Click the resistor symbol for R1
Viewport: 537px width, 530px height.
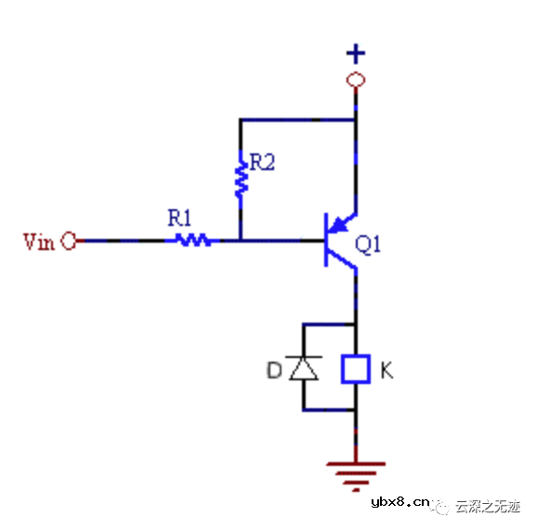click(192, 241)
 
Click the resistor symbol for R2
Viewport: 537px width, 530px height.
click(241, 178)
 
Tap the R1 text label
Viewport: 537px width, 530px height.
click(179, 219)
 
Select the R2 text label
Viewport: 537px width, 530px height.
click(263, 164)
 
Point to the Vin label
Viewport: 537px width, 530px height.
click(39, 242)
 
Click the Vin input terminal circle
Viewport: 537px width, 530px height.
click(69, 242)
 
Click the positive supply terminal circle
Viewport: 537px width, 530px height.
click(354, 80)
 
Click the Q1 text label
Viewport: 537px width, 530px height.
click(369, 245)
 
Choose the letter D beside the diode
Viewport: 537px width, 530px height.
click(273, 370)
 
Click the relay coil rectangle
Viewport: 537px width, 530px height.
click(355, 368)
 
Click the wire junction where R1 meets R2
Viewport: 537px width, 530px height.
click(241, 241)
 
